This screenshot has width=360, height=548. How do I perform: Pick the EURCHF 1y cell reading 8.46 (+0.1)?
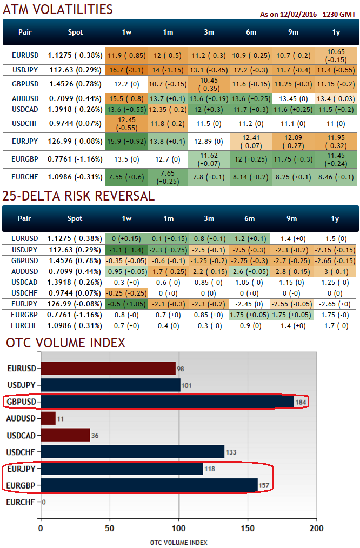tap(335, 176)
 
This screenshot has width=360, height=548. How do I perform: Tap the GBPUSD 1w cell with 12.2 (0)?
tap(126, 84)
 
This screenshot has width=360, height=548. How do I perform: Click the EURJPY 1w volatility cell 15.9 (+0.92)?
tap(126, 141)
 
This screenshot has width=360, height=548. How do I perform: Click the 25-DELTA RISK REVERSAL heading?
tap(78, 196)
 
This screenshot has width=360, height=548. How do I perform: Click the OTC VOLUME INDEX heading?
tap(65, 343)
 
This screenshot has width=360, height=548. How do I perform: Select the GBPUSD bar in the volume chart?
tap(167, 402)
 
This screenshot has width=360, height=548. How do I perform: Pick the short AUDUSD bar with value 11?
tap(48, 418)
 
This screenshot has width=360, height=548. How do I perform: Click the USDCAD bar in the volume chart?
tap(65, 435)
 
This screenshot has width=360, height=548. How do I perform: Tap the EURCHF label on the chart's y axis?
tap(22, 502)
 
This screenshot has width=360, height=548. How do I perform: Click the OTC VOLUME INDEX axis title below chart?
tap(178, 542)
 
